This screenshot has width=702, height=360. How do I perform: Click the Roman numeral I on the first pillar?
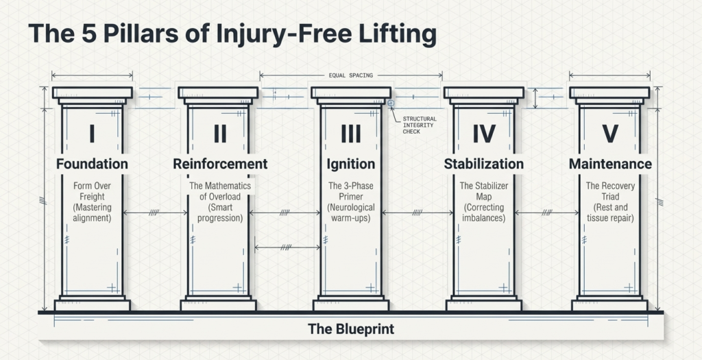[92, 133]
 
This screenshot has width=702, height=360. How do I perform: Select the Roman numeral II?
[219, 133]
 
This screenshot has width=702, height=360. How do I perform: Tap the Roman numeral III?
[351, 133]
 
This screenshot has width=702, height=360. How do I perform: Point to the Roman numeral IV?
[483, 133]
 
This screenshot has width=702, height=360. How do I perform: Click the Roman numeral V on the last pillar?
[609, 133]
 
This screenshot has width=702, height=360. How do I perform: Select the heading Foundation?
[92, 164]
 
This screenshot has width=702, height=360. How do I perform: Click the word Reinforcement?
[220, 164]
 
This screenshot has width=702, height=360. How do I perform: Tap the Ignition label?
[351, 164]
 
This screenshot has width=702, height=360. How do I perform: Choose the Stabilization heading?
[483, 164]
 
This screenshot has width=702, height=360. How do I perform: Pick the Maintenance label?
[610, 164]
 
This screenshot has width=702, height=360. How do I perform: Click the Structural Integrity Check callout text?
[419, 125]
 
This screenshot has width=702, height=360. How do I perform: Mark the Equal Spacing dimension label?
[351, 75]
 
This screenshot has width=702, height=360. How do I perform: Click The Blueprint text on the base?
[351, 329]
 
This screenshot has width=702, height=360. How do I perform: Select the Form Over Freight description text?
[92, 202]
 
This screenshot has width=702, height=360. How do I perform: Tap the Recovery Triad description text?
[610, 202]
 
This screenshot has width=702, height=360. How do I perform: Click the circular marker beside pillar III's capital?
[391, 104]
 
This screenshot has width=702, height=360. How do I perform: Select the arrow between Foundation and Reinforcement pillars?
[156, 213]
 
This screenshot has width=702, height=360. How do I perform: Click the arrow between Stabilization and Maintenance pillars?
[547, 213]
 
